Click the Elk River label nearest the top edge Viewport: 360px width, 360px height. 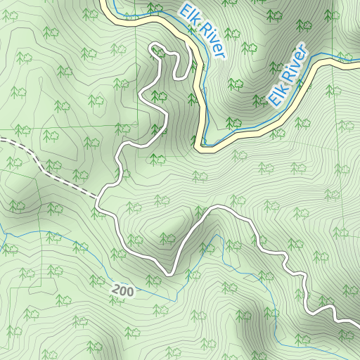coord(202,32)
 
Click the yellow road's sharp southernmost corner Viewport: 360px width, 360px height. coord(202,147)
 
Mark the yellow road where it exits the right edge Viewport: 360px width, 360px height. coord(358,63)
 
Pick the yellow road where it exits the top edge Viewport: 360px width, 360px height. coord(104,2)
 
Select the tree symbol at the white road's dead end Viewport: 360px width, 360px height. coord(160,52)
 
